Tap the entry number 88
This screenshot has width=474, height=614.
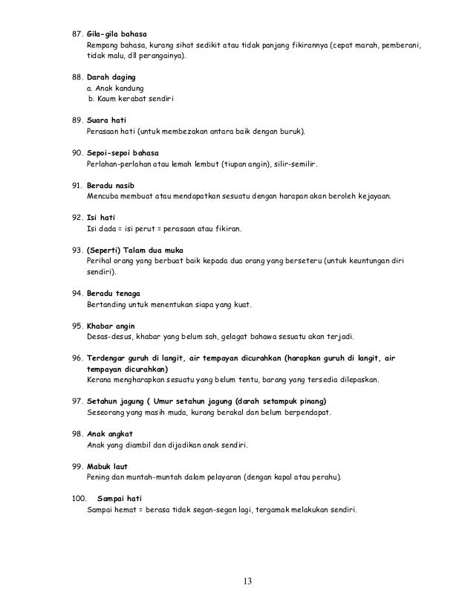click(73, 77)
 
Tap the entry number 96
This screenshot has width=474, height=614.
click(73, 358)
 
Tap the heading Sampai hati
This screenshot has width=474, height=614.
click(120, 498)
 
